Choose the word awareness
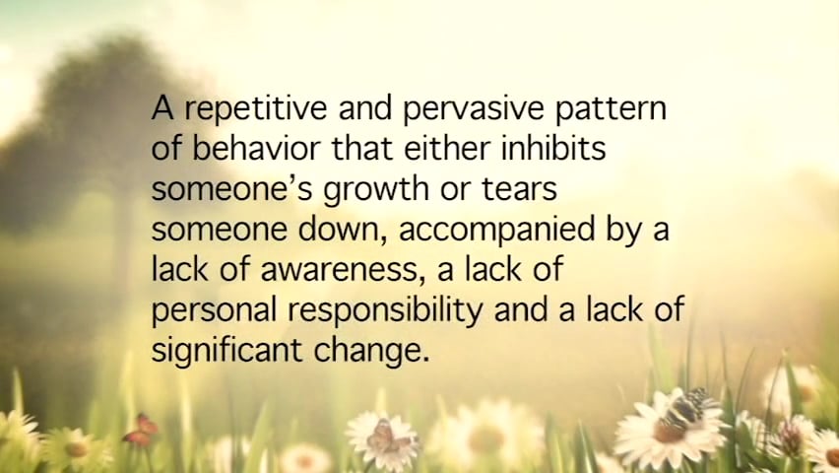click(325, 269)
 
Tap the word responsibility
click(390, 310)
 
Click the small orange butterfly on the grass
click(143, 428)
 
